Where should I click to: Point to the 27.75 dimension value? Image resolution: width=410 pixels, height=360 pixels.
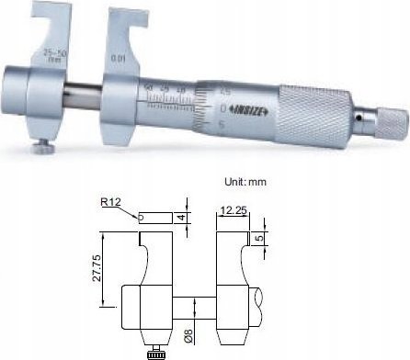110,264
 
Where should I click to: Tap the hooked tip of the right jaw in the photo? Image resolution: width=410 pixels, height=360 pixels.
117,14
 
